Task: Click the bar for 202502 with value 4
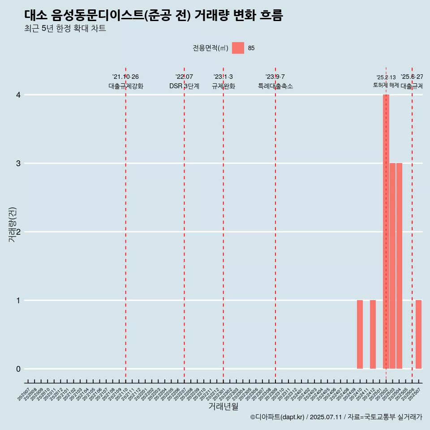tap(386, 232)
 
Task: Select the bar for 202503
tap(392, 266)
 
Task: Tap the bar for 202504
tap(399, 266)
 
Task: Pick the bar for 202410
tap(360, 334)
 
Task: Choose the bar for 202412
tap(373, 334)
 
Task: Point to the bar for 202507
tap(418, 334)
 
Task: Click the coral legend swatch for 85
tap(238, 48)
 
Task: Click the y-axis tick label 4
tap(18, 95)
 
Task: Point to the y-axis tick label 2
tap(18, 232)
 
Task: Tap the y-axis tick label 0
tap(18, 369)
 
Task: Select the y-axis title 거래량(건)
tap(13, 224)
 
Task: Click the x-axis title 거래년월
tap(223, 407)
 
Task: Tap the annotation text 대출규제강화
tap(126, 86)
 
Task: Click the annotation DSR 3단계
tap(184, 86)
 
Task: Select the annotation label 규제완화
tap(223, 86)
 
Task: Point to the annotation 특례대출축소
tap(275, 86)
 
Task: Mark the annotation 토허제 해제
tap(386, 85)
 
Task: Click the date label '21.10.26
tap(125, 77)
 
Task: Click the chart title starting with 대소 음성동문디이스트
tap(154, 16)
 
